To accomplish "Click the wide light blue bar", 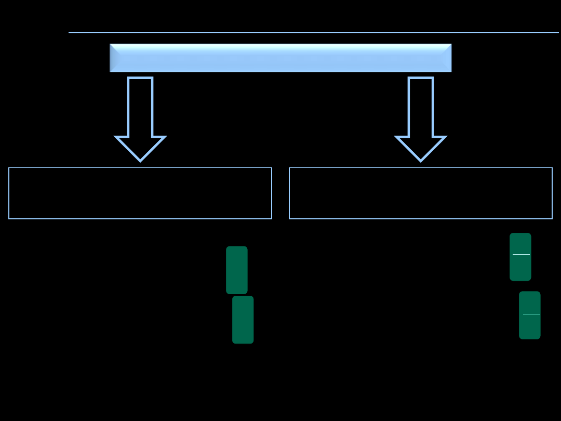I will [280, 58].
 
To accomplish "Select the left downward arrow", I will [140, 120].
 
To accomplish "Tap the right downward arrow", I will [421, 120].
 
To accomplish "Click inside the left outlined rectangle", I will [140, 193].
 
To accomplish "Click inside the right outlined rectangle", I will [421, 193].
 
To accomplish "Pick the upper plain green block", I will [237, 270].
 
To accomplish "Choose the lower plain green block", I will [243, 320].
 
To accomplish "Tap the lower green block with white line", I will [530, 327].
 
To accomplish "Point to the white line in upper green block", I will [521, 254].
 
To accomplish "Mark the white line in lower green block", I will [531, 314].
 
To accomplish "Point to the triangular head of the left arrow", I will [140, 148].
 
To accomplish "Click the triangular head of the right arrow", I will [421, 148].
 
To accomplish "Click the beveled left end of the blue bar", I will [114, 58].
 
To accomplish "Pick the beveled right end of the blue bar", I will [447, 58].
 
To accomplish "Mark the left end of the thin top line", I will [70, 33].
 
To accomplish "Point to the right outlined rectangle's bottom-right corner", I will [552, 219].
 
